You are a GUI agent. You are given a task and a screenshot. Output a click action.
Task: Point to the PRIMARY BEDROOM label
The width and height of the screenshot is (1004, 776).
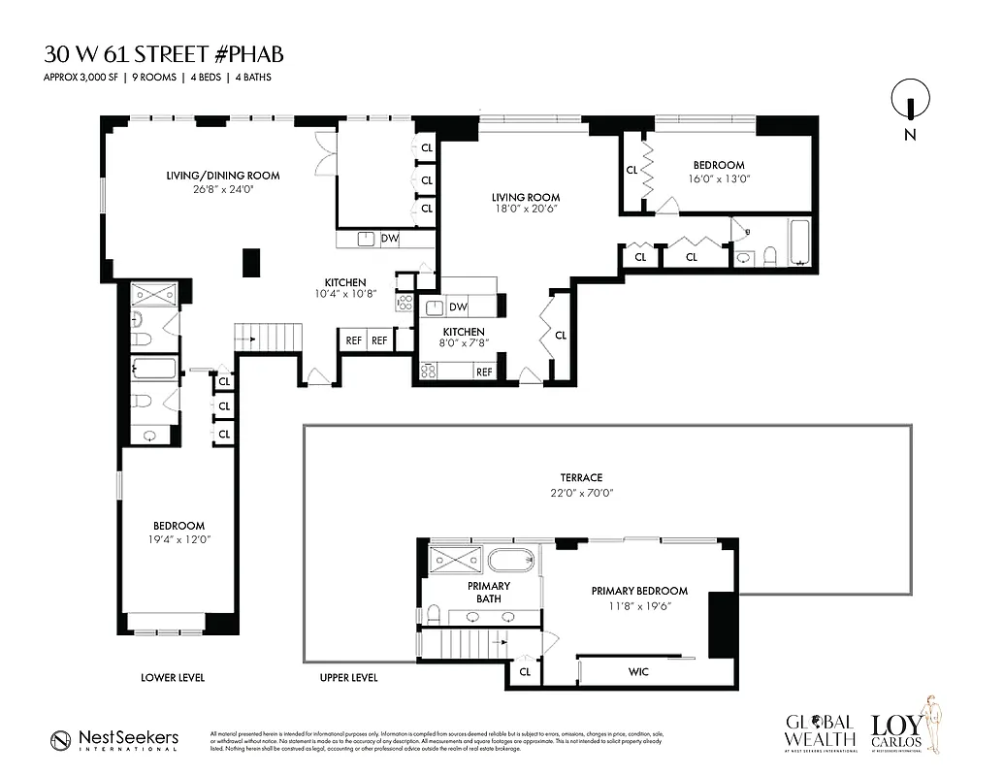tap(639, 591)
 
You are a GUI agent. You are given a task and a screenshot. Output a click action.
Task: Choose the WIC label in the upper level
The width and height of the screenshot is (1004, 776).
tap(638, 672)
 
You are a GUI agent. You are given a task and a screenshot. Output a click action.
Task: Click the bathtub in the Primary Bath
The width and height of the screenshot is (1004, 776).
tap(509, 561)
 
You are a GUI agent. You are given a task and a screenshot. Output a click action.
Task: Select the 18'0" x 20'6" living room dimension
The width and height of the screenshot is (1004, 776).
tap(525, 209)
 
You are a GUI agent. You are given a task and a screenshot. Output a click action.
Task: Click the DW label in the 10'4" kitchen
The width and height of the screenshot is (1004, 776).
tap(389, 238)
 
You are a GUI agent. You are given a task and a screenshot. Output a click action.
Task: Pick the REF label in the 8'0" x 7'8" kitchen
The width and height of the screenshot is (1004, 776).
tap(483, 372)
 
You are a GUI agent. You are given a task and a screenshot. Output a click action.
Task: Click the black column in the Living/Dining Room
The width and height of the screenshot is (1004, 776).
tap(251, 263)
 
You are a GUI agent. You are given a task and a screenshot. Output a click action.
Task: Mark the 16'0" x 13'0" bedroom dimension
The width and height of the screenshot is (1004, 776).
tap(719, 179)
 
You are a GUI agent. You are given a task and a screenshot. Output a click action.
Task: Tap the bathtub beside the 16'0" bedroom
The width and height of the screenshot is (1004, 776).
tap(801, 242)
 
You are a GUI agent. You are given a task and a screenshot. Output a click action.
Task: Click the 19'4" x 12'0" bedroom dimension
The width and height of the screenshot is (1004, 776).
tap(178, 540)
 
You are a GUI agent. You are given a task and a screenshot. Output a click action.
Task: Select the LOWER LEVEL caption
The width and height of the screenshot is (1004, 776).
tap(173, 677)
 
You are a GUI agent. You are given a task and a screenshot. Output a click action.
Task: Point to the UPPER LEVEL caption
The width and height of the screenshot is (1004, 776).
tap(348, 677)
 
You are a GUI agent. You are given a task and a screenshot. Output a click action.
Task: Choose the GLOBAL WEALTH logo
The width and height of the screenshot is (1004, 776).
tap(820, 732)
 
